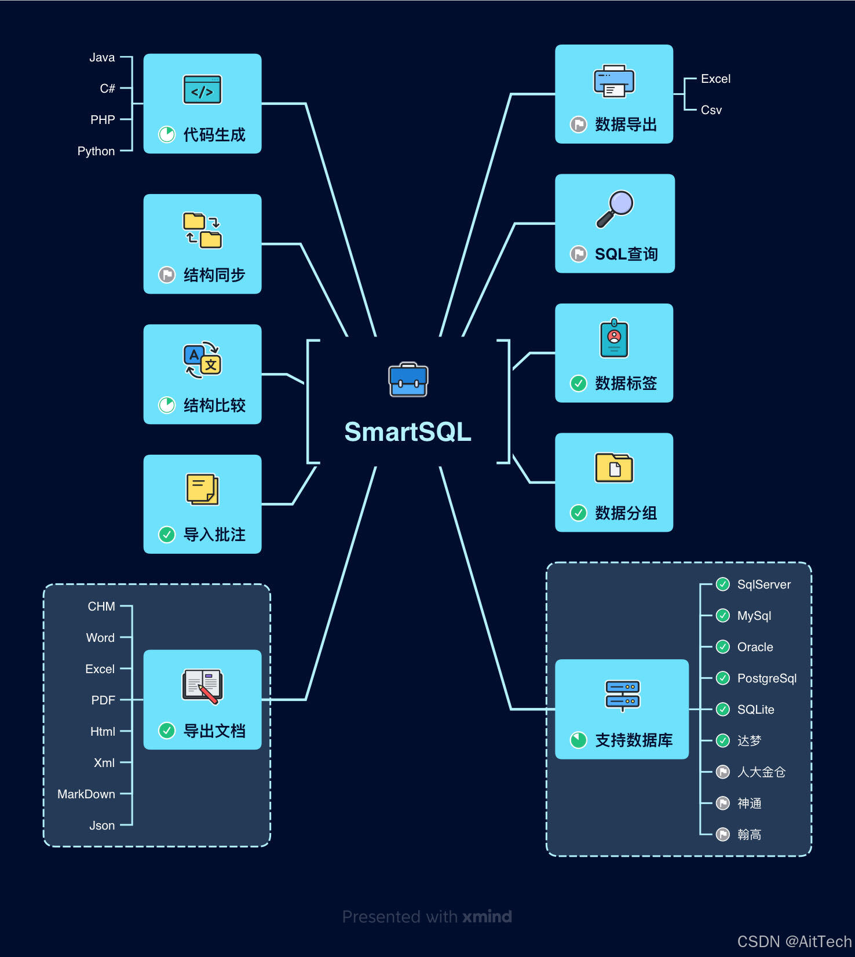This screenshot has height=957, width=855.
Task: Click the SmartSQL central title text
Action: point(408,432)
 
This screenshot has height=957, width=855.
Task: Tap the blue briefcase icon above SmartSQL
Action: point(408,380)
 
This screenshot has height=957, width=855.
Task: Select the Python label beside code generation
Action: point(96,151)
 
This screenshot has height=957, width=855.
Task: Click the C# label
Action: point(107,89)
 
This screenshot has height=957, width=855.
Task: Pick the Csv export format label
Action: point(711,110)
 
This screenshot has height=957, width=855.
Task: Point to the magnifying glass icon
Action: point(615,209)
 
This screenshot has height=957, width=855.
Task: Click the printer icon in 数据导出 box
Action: point(614,81)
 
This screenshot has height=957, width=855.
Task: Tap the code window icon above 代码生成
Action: point(202,90)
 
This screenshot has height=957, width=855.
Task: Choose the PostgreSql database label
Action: point(766,678)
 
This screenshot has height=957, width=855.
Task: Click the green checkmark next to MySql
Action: point(723,615)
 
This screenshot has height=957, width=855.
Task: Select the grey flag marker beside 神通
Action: point(723,803)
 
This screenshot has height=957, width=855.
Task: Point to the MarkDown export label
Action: point(86,794)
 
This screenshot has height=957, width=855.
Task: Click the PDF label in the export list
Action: point(103,700)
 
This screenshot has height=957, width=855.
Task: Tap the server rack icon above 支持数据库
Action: point(622,695)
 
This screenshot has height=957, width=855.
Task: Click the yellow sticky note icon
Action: point(202,490)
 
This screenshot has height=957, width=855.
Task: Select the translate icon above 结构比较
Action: point(202,360)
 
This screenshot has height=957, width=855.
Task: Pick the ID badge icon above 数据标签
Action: point(614,338)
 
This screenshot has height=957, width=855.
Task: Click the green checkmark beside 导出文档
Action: point(167,730)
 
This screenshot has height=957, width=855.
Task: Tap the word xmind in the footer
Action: point(487,916)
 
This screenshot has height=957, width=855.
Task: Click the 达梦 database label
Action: point(749,741)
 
